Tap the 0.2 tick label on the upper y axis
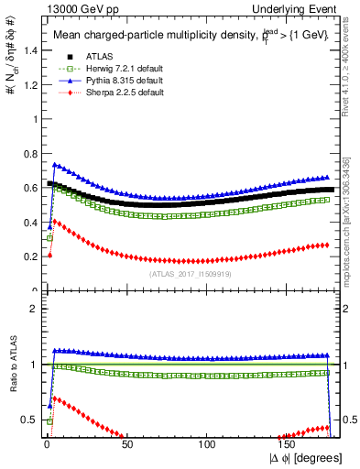pos(28,256)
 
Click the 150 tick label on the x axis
pos(289,443)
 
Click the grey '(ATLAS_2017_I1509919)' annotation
pos(190,273)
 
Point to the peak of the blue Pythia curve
pos(55,165)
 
